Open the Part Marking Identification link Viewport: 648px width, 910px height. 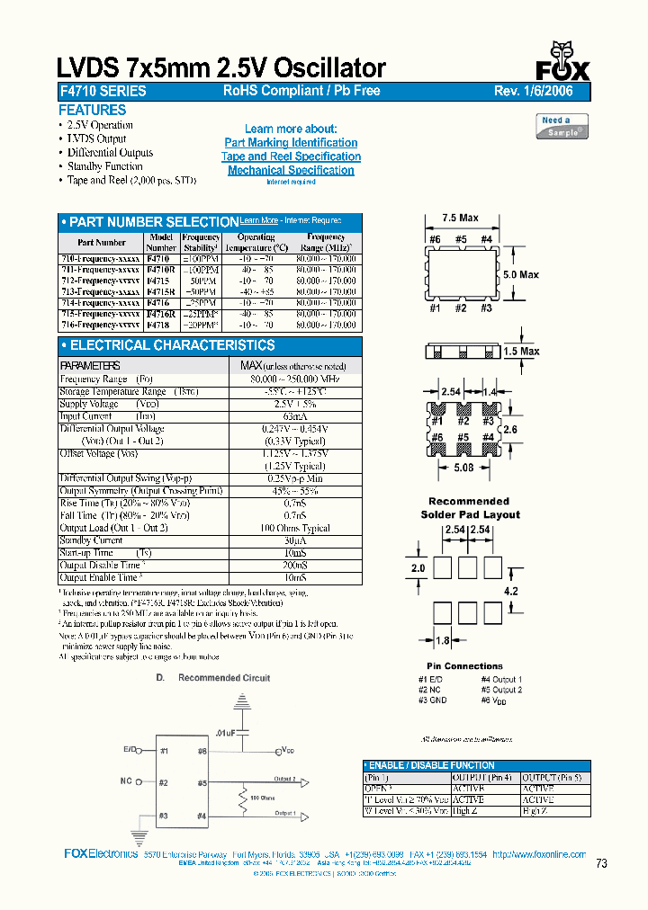pyautogui.click(x=291, y=143)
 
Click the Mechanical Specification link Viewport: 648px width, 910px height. pyautogui.click(x=291, y=170)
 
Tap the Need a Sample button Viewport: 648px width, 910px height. pyautogui.click(x=562, y=126)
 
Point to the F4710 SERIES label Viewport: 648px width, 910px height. pyautogui.click(x=102, y=91)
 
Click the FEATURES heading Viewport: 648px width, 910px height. pyautogui.click(x=92, y=110)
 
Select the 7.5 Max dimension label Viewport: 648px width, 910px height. pyautogui.click(x=461, y=218)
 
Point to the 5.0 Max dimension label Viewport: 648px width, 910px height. pyautogui.click(x=521, y=274)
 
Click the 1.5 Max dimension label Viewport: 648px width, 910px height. pyautogui.click(x=522, y=352)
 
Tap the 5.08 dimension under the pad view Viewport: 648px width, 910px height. pyautogui.click(x=462, y=468)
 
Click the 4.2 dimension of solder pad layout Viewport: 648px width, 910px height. pyautogui.click(x=511, y=591)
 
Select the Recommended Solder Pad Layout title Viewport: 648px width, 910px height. pyautogui.click(x=469, y=508)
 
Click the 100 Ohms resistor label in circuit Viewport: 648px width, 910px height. pyautogui.click(x=262, y=798)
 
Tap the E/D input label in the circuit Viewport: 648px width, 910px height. pyautogui.click(x=131, y=749)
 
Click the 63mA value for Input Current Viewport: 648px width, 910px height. pyautogui.click(x=293, y=416)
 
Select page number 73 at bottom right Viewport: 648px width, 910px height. pyautogui.click(x=602, y=863)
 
